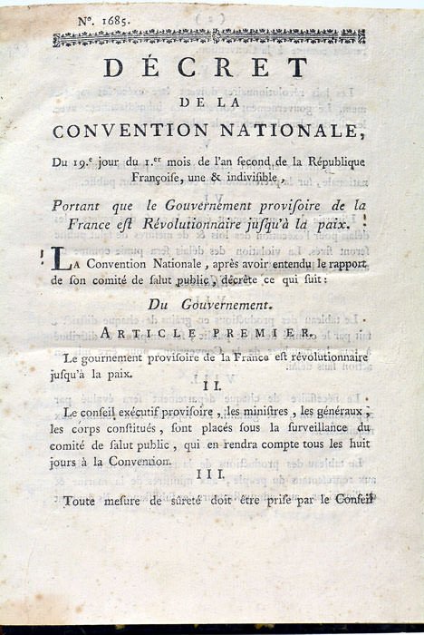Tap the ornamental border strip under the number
[209, 37]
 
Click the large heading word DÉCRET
[206, 69]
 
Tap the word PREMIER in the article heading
[272, 334]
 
